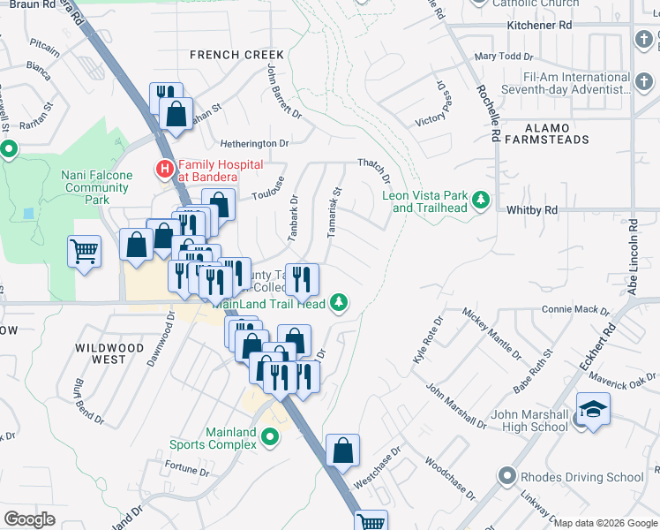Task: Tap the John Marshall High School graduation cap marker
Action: (591, 411)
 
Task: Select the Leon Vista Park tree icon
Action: (481, 201)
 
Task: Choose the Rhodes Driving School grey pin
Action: (506, 477)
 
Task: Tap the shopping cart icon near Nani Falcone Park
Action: (85, 251)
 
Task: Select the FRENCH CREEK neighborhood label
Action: (237, 55)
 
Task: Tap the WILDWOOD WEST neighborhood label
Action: (109, 354)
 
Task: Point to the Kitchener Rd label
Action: (539, 26)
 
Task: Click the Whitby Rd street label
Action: (532, 210)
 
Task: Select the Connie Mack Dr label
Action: (575, 310)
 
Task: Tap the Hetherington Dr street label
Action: (254, 143)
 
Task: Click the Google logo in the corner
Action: (29, 519)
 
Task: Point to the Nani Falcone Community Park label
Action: (97, 182)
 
